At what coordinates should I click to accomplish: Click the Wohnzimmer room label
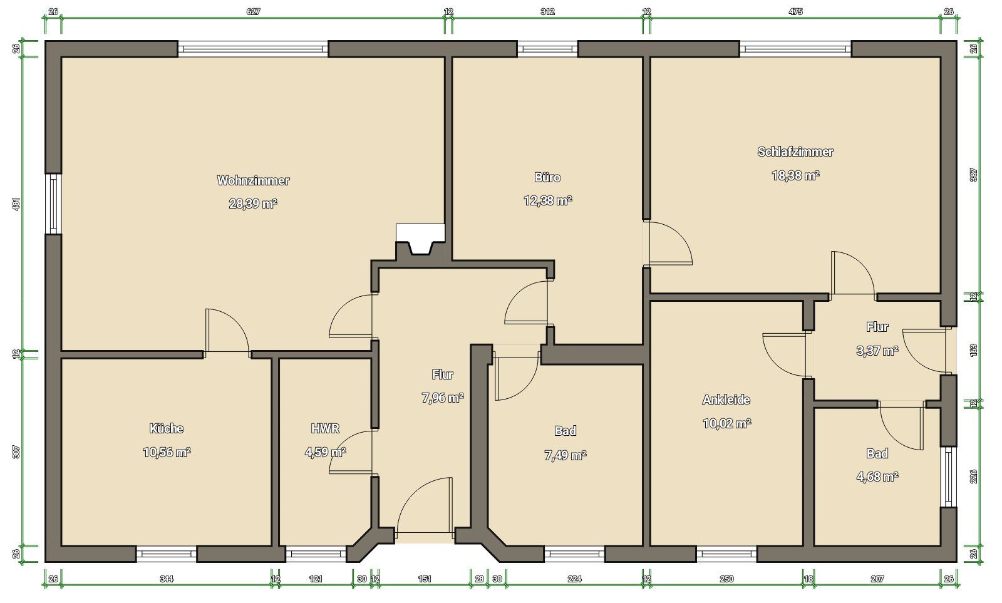[253, 180]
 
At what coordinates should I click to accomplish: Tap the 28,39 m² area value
[253, 204]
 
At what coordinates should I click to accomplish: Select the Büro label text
[547, 178]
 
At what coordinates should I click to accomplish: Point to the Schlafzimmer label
[795, 152]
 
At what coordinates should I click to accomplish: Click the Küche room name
[167, 428]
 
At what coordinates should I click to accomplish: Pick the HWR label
[325, 428]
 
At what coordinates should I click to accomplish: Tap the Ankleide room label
[726, 399]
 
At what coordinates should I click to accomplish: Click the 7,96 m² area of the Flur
[442, 398]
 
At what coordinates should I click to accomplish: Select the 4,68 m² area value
[877, 477]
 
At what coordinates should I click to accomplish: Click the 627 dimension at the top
[253, 12]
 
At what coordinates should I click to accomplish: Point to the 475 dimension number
[795, 12]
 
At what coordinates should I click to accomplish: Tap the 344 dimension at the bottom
[167, 579]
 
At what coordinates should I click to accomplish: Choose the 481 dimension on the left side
[16, 204]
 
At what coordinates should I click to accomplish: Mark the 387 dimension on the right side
[973, 175]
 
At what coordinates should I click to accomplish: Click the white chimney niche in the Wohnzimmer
[420, 238]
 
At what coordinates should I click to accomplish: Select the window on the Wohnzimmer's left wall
[53, 204]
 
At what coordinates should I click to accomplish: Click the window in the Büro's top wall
[547, 49]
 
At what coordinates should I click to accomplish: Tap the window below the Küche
[167, 554]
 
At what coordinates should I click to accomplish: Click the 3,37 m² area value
[877, 351]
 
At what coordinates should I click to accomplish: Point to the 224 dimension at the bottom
[574, 579]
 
